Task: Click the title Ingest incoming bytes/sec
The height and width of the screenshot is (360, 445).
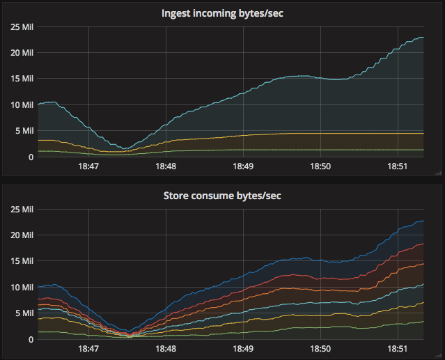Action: [x=222, y=13]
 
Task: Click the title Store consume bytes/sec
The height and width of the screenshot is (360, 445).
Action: [x=222, y=196]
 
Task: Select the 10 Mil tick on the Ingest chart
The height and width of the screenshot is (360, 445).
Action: [x=21, y=105]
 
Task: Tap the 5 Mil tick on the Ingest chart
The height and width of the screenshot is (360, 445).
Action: [x=23, y=131]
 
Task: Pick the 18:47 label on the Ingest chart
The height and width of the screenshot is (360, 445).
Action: [x=88, y=167]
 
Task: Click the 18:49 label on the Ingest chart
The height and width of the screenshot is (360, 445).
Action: [x=243, y=167]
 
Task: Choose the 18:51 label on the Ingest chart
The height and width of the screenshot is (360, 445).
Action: [x=398, y=167]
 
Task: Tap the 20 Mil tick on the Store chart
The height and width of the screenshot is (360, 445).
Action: [x=21, y=235]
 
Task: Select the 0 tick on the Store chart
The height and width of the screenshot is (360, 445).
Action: [x=30, y=340]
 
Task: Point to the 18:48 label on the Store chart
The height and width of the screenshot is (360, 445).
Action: [x=166, y=350]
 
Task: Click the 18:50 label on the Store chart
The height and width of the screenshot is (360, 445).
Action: [x=320, y=350]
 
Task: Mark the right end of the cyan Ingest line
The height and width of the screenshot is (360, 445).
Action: [x=423, y=38]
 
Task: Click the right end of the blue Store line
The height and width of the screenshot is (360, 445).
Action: [x=423, y=221]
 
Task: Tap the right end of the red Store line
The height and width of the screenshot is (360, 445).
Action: [x=423, y=244]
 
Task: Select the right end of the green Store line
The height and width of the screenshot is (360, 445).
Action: [x=423, y=322]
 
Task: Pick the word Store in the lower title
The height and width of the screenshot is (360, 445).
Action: [x=176, y=196]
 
